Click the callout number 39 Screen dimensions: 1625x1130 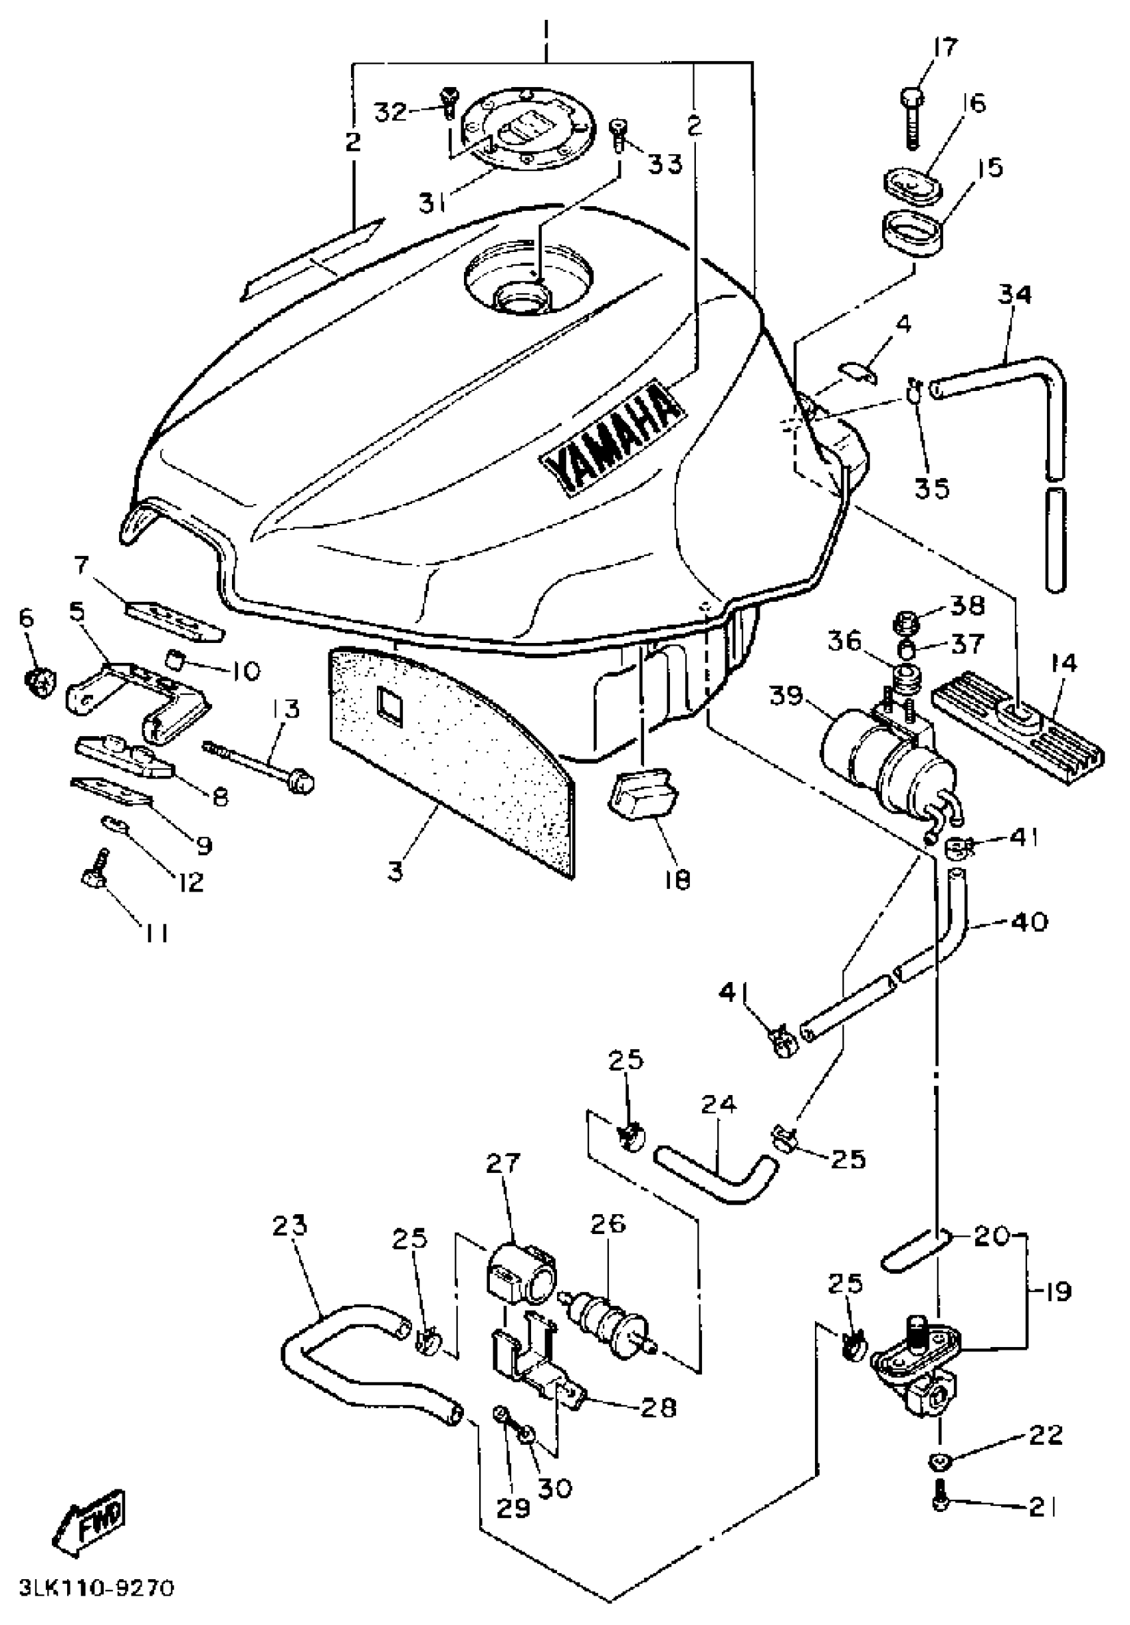tap(786, 695)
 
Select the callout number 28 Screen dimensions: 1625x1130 tap(657, 1406)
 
